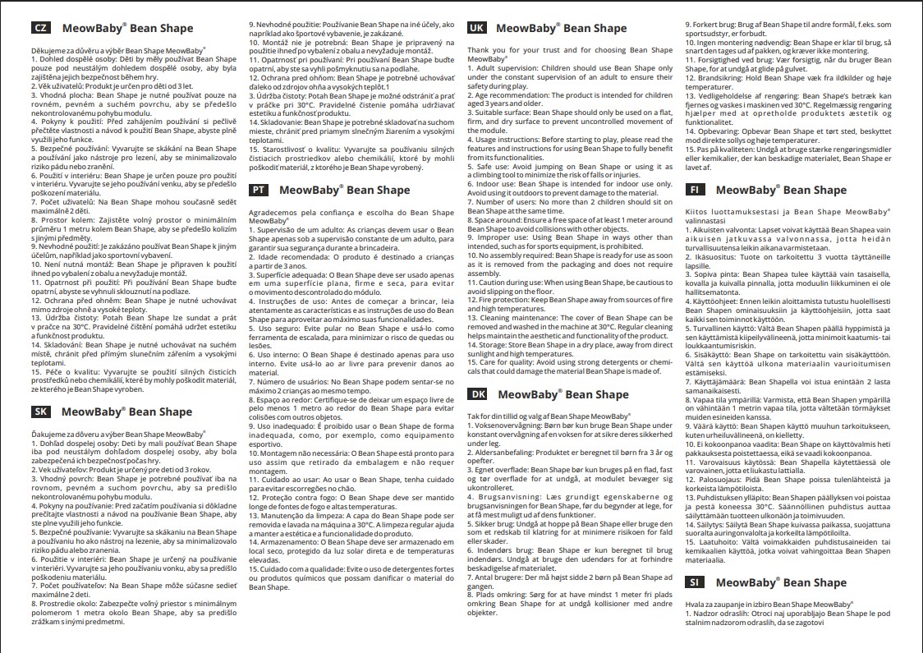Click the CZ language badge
(x=40, y=28)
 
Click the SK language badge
(x=40, y=412)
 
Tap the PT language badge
(x=259, y=190)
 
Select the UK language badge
(x=476, y=28)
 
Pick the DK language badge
(x=477, y=394)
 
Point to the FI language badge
(x=696, y=190)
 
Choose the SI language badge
(x=696, y=582)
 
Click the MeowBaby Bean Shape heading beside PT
(x=344, y=190)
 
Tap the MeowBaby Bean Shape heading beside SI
(x=781, y=582)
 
